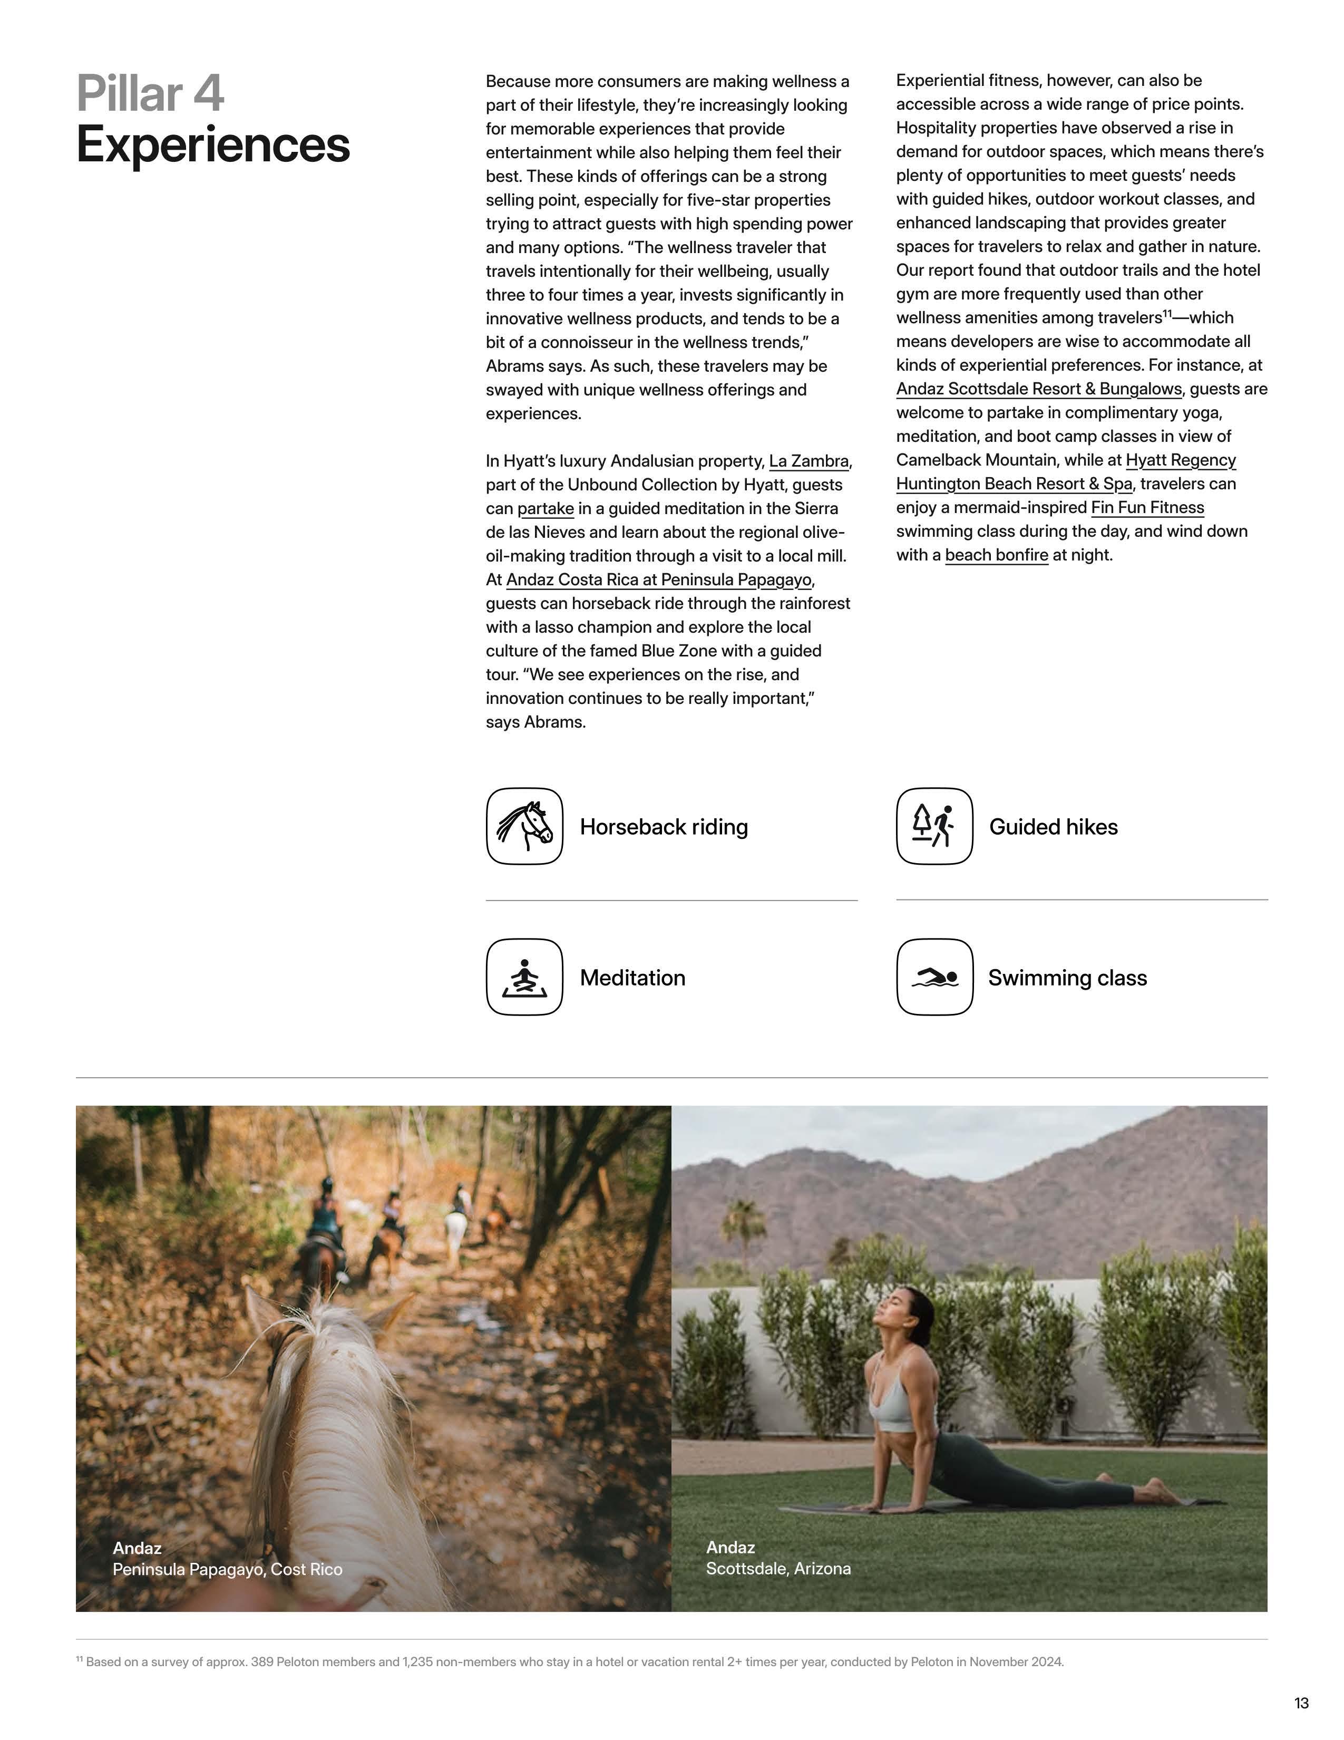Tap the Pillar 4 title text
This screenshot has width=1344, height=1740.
pyautogui.click(x=151, y=93)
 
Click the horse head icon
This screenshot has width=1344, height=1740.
pyautogui.click(x=524, y=826)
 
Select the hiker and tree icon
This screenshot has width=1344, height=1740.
pyautogui.click(x=934, y=826)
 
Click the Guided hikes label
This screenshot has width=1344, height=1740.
pyautogui.click(x=1053, y=827)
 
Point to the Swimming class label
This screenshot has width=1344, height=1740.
pyautogui.click(x=1067, y=978)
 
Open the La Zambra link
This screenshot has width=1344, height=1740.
pyautogui.click(x=808, y=461)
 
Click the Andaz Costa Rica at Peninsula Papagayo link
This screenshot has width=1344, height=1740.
pyautogui.click(x=658, y=580)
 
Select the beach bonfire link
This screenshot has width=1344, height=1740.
pyautogui.click(x=996, y=555)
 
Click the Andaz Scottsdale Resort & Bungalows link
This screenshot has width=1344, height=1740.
pyautogui.click(x=1038, y=389)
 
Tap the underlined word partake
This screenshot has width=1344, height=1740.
pyautogui.click(x=546, y=508)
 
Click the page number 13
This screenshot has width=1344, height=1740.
pyautogui.click(x=1301, y=1703)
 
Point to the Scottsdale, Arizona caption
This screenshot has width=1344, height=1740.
pyautogui.click(x=778, y=1568)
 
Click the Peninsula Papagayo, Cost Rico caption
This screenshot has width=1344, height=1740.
pyautogui.click(x=227, y=1569)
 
